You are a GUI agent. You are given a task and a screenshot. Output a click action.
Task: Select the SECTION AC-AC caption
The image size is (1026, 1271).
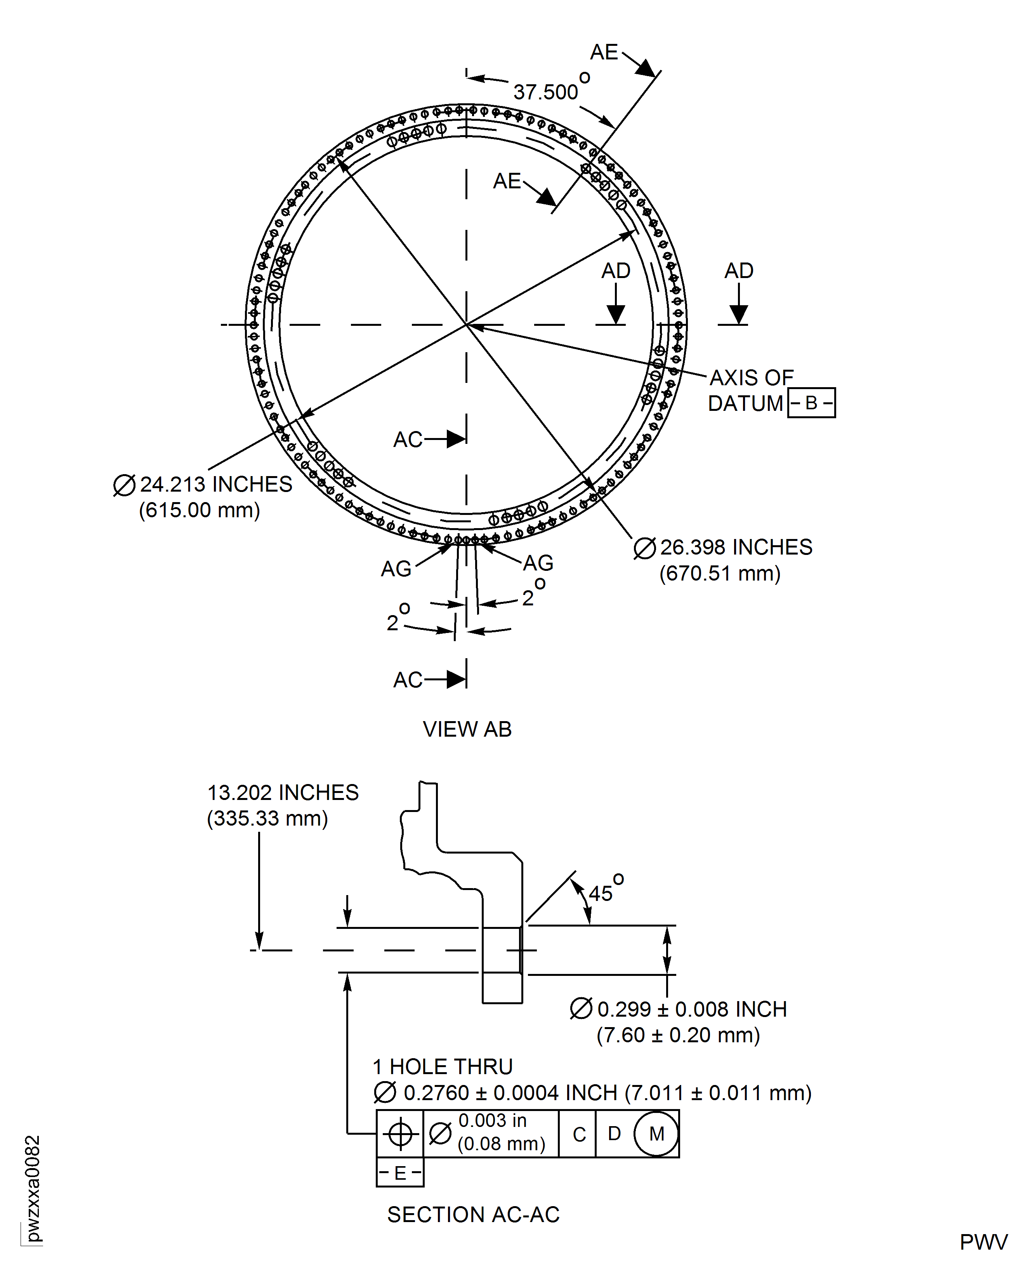[x=473, y=1214]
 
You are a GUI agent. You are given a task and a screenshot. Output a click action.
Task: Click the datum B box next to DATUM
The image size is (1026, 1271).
[x=811, y=403]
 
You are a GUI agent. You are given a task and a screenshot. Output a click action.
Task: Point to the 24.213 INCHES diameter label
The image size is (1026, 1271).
[x=215, y=484]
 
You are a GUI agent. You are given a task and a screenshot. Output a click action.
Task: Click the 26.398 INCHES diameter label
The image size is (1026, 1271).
[x=735, y=548]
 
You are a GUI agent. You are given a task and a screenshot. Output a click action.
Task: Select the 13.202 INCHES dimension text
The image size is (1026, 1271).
[x=283, y=792]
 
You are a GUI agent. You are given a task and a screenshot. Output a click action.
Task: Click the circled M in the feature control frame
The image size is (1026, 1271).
[x=656, y=1134]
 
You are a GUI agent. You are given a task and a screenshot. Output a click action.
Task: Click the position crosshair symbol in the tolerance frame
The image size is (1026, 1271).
[x=400, y=1134]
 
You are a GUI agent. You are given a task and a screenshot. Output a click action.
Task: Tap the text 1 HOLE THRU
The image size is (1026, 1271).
[x=442, y=1067]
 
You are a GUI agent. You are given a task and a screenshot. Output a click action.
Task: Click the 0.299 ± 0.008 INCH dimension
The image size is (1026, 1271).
[x=691, y=1009]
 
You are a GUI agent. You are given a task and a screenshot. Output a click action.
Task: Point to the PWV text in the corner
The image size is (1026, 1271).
[x=983, y=1242]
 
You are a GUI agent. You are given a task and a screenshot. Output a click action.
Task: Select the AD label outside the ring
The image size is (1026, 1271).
[x=738, y=271]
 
